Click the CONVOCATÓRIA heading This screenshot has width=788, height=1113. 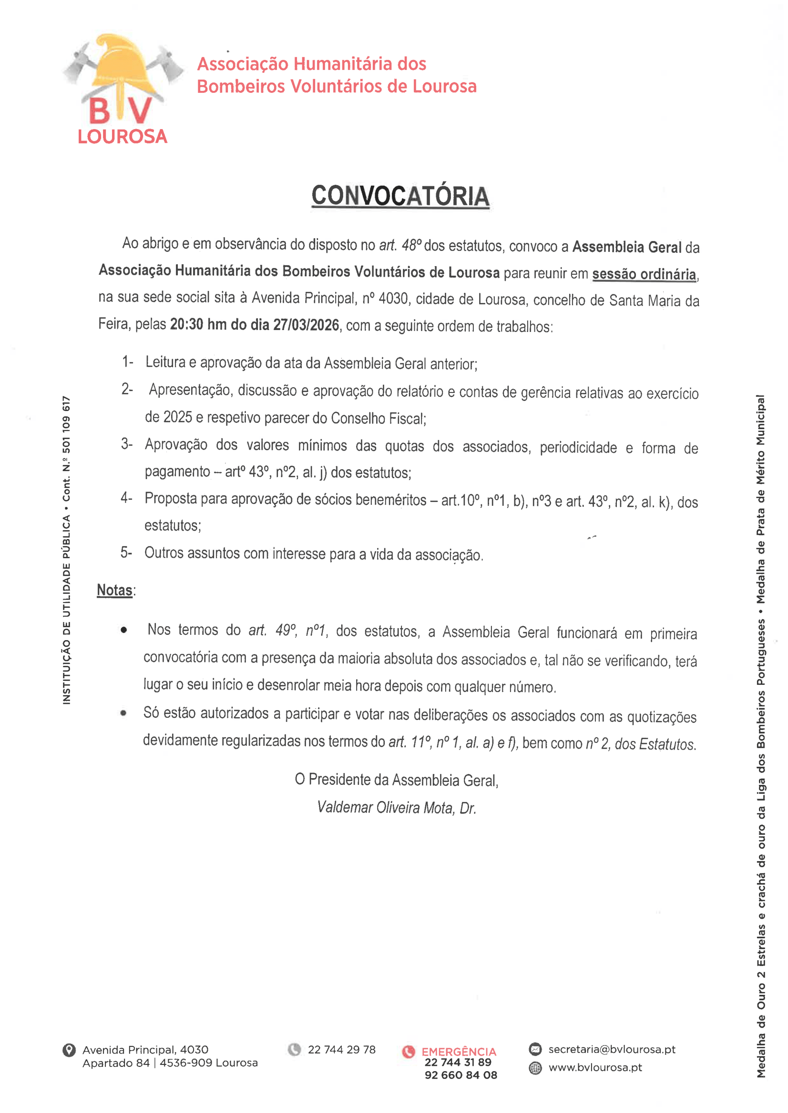(400, 196)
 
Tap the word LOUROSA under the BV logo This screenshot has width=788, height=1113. (122, 137)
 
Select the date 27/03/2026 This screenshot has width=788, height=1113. (306, 324)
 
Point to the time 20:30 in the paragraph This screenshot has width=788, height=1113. (186, 324)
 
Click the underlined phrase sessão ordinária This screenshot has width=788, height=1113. (644, 274)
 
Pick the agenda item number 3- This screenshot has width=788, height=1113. (127, 444)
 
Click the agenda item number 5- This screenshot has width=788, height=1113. (126, 552)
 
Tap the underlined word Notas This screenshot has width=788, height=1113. (114, 590)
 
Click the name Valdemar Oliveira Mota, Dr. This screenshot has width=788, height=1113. (397, 807)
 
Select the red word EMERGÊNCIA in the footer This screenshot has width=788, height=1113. (459, 1052)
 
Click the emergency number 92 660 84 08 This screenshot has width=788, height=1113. (461, 1075)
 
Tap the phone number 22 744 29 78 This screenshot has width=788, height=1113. (342, 1050)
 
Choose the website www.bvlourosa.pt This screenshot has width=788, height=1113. (595, 1067)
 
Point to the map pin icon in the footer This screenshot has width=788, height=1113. (69, 1050)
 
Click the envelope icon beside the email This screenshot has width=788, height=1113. (535, 1050)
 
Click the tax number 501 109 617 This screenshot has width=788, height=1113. (66, 425)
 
